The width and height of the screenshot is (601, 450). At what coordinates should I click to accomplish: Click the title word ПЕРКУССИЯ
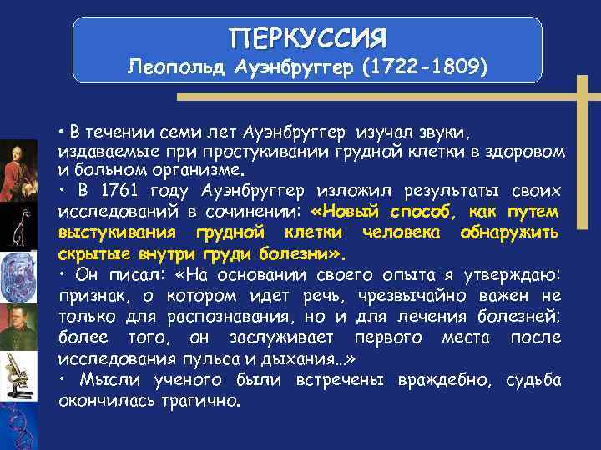308,37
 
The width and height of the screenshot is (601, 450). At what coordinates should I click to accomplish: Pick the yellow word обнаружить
509,231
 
